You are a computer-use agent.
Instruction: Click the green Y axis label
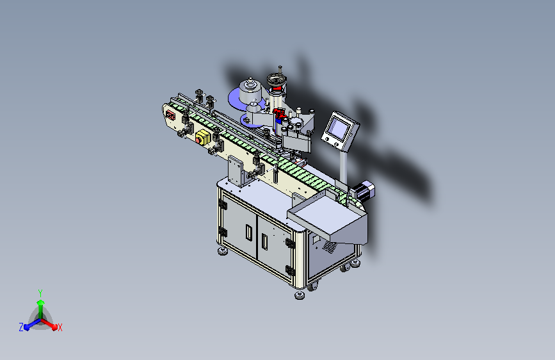pyautogui.click(x=40, y=293)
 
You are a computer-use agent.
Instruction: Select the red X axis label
pyautogui.click(x=60, y=327)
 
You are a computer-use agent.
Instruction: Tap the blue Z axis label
pyautogui.click(x=21, y=327)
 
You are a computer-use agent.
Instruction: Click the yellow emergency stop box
pyautogui.click(x=203, y=137)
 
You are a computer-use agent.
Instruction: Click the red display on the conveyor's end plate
pyautogui.click(x=171, y=115)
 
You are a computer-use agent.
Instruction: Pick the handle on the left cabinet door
pyautogui.click(x=249, y=233)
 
